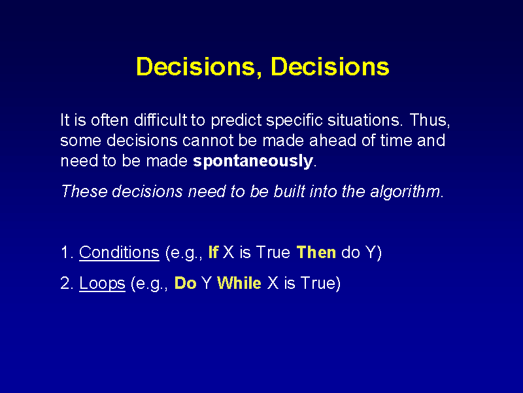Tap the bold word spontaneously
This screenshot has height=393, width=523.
pos(253,161)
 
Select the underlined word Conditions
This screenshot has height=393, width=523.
pos(119,252)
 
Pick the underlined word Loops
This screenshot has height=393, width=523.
pos(102,284)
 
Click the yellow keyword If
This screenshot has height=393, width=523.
pos(213,252)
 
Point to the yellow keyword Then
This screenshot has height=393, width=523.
pos(316,252)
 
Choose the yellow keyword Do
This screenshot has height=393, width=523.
pos(185,283)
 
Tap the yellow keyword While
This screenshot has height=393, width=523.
pos(239,283)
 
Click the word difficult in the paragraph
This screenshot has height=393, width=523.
pos(160,120)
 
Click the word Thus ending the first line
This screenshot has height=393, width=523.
pos(430,121)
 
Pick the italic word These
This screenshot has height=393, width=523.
pos(84,191)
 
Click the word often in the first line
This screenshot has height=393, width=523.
pos(109,120)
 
